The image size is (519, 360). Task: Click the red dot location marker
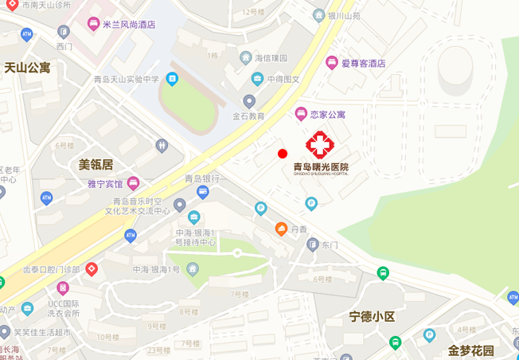point(282,153)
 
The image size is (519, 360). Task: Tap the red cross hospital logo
point(321,144)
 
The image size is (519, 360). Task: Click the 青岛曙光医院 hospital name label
point(321,166)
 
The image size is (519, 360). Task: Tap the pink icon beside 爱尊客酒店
point(331,62)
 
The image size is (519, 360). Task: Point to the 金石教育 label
point(248,115)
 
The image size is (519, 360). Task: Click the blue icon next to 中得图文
point(257,78)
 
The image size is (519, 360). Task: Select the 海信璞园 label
point(270,57)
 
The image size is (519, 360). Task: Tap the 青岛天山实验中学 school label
point(126,79)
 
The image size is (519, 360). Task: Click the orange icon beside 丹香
point(281,229)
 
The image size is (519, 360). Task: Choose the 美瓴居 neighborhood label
point(96,165)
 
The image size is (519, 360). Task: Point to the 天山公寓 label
point(27,68)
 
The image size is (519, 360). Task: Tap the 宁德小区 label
point(372,316)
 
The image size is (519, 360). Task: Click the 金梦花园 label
point(470,350)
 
